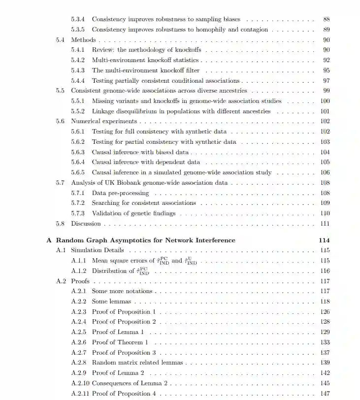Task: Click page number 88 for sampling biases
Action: point(326,19)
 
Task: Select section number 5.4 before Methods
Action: point(60,40)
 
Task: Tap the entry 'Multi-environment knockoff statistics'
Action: point(145,60)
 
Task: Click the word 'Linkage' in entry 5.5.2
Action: point(103,111)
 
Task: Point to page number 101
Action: point(325,111)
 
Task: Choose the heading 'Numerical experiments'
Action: point(104,121)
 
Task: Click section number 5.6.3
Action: point(78,152)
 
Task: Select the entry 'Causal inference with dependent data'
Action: point(146,162)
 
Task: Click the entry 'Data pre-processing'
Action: point(120,193)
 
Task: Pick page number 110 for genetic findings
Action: point(325,213)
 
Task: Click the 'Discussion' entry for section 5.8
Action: point(86,224)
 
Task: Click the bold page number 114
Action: point(324,240)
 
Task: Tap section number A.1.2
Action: point(78,271)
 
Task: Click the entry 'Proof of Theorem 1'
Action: point(120,342)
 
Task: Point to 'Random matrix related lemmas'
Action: point(137,363)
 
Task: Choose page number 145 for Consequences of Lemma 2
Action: point(325,383)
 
